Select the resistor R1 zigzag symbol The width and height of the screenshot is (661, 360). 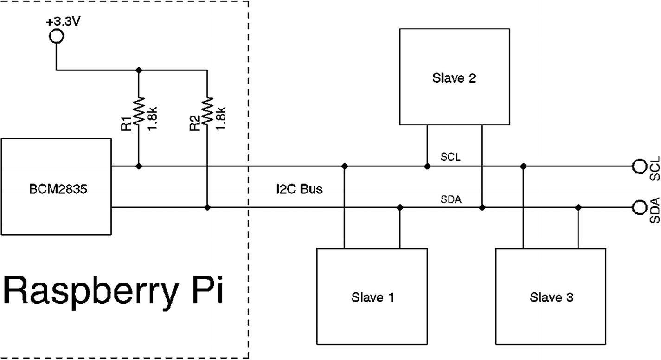(139, 110)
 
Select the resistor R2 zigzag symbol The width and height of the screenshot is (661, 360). (207, 110)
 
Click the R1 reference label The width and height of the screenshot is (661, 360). (125, 124)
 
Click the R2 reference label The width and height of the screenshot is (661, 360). (194, 124)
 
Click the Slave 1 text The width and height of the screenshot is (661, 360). (372, 297)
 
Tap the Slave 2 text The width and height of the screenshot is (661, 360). (454, 78)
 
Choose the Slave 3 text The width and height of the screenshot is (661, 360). (552, 297)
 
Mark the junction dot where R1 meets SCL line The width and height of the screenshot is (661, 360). (139, 166)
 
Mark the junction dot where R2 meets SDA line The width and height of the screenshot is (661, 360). (207, 207)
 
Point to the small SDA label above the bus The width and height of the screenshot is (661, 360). (450, 199)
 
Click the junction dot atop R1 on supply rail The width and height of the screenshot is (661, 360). (139, 70)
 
